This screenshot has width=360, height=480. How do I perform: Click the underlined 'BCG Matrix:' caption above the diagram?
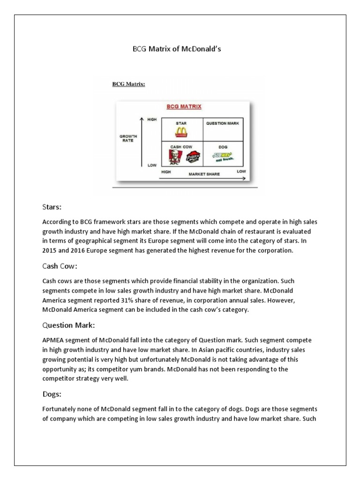tap(128, 84)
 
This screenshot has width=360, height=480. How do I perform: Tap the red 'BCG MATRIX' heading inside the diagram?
tap(184, 106)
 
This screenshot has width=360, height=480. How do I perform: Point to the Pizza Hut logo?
tap(193, 158)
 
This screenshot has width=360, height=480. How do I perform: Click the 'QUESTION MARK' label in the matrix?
tap(223, 123)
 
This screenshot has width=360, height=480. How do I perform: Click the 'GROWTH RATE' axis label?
tap(127, 138)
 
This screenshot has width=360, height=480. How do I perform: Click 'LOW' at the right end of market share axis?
tap(241, 172)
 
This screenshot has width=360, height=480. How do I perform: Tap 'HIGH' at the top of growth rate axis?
tap(152, 120)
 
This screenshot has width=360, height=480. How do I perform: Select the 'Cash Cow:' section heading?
tap(60, 266)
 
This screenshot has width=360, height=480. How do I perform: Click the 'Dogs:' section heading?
tap(52, 395)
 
